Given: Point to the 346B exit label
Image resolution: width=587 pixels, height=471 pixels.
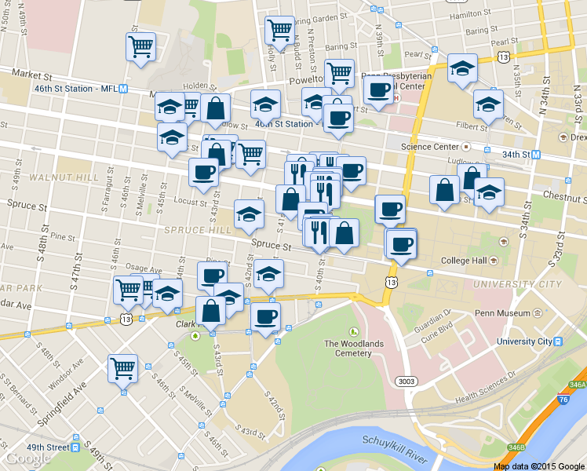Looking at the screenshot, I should point(516,447).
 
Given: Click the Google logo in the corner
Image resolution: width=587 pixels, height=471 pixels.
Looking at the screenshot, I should point(28,458).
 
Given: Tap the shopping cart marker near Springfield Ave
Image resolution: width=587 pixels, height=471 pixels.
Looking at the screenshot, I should point(123,368).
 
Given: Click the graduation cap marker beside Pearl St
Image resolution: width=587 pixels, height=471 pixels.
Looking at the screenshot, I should point(462,68).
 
